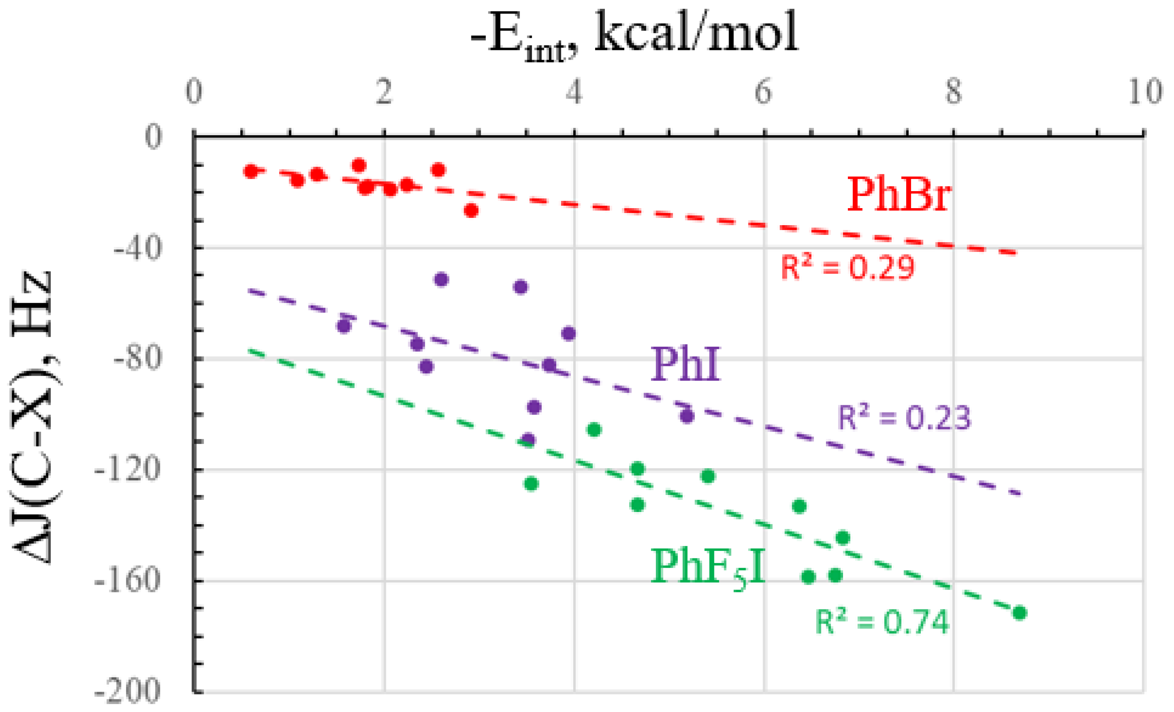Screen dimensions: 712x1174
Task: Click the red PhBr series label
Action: point(899,194)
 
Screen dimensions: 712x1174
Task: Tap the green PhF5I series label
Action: point(707,567)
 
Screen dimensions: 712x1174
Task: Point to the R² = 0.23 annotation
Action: point(903,417)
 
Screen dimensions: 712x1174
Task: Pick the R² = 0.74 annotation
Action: point(882,622)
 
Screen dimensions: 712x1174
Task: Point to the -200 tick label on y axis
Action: point(128,691)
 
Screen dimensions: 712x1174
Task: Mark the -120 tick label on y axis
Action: point(128,469)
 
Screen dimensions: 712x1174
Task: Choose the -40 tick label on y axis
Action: point(137,248)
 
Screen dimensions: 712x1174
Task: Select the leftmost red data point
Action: point(251,171)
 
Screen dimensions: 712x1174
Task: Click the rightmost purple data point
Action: point(686,416)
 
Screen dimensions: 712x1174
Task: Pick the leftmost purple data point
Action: point(344,326)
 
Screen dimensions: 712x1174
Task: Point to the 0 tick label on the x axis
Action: point(194,92)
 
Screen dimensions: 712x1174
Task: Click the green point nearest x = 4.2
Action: point(593,429)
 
